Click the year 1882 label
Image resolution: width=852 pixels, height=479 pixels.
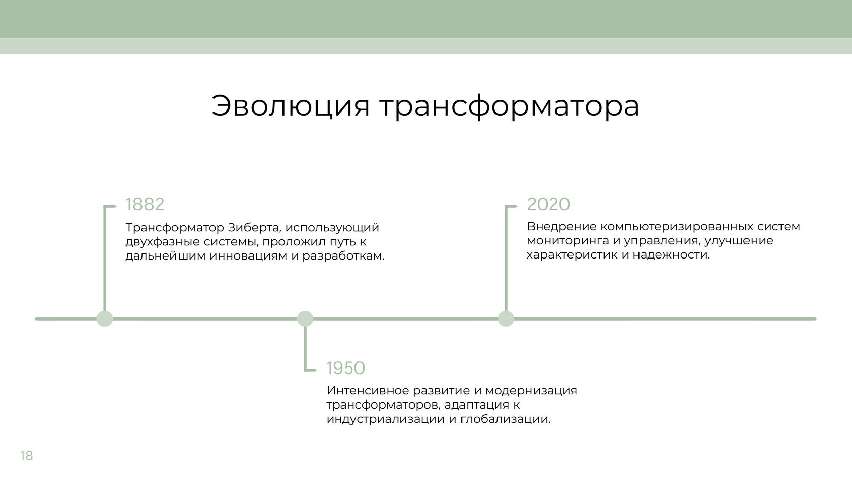(x=145, y=205)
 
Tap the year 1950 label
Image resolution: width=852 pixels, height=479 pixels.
(x=345, y=368)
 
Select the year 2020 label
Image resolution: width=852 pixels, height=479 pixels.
(x=549, y=205)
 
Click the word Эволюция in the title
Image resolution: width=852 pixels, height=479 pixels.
(x=290, y=105)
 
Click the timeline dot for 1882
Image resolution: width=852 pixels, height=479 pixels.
(x=104, y=318)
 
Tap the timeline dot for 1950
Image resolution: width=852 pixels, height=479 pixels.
(x=305, y=318)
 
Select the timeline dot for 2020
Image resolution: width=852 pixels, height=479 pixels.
(x=506, y=318)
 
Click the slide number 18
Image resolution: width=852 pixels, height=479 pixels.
(x=26, y=455)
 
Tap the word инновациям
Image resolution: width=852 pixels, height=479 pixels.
(x=248, y=256)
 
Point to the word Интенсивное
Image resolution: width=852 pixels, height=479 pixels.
(x=367, y=390)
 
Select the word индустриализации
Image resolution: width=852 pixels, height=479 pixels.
(x=385, y=419)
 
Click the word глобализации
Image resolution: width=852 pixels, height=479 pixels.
(x=506, y=419)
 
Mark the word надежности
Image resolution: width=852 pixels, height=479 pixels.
(x=671, y=254)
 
